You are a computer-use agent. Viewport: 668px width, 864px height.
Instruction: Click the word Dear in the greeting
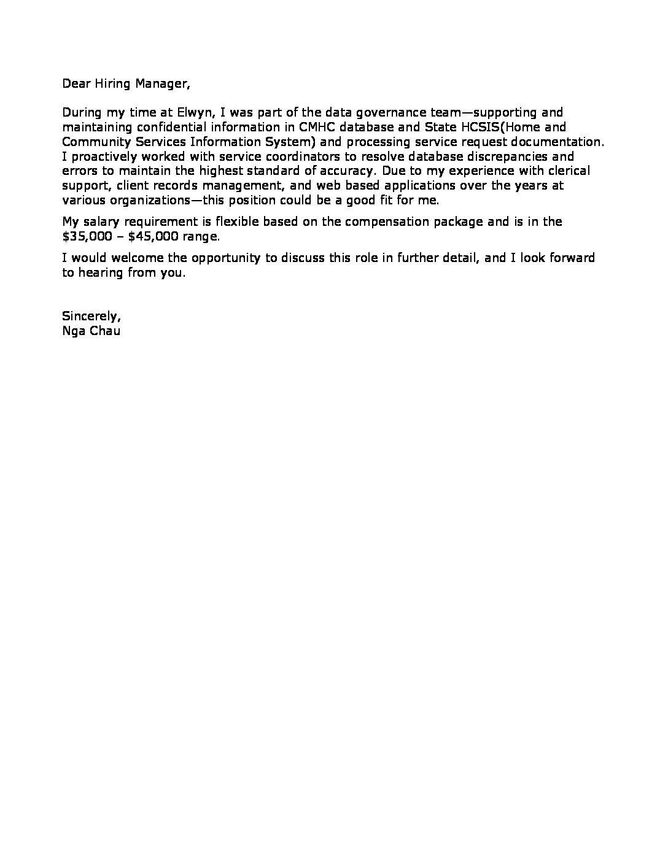76,83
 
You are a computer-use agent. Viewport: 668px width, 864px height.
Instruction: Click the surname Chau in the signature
104,331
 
